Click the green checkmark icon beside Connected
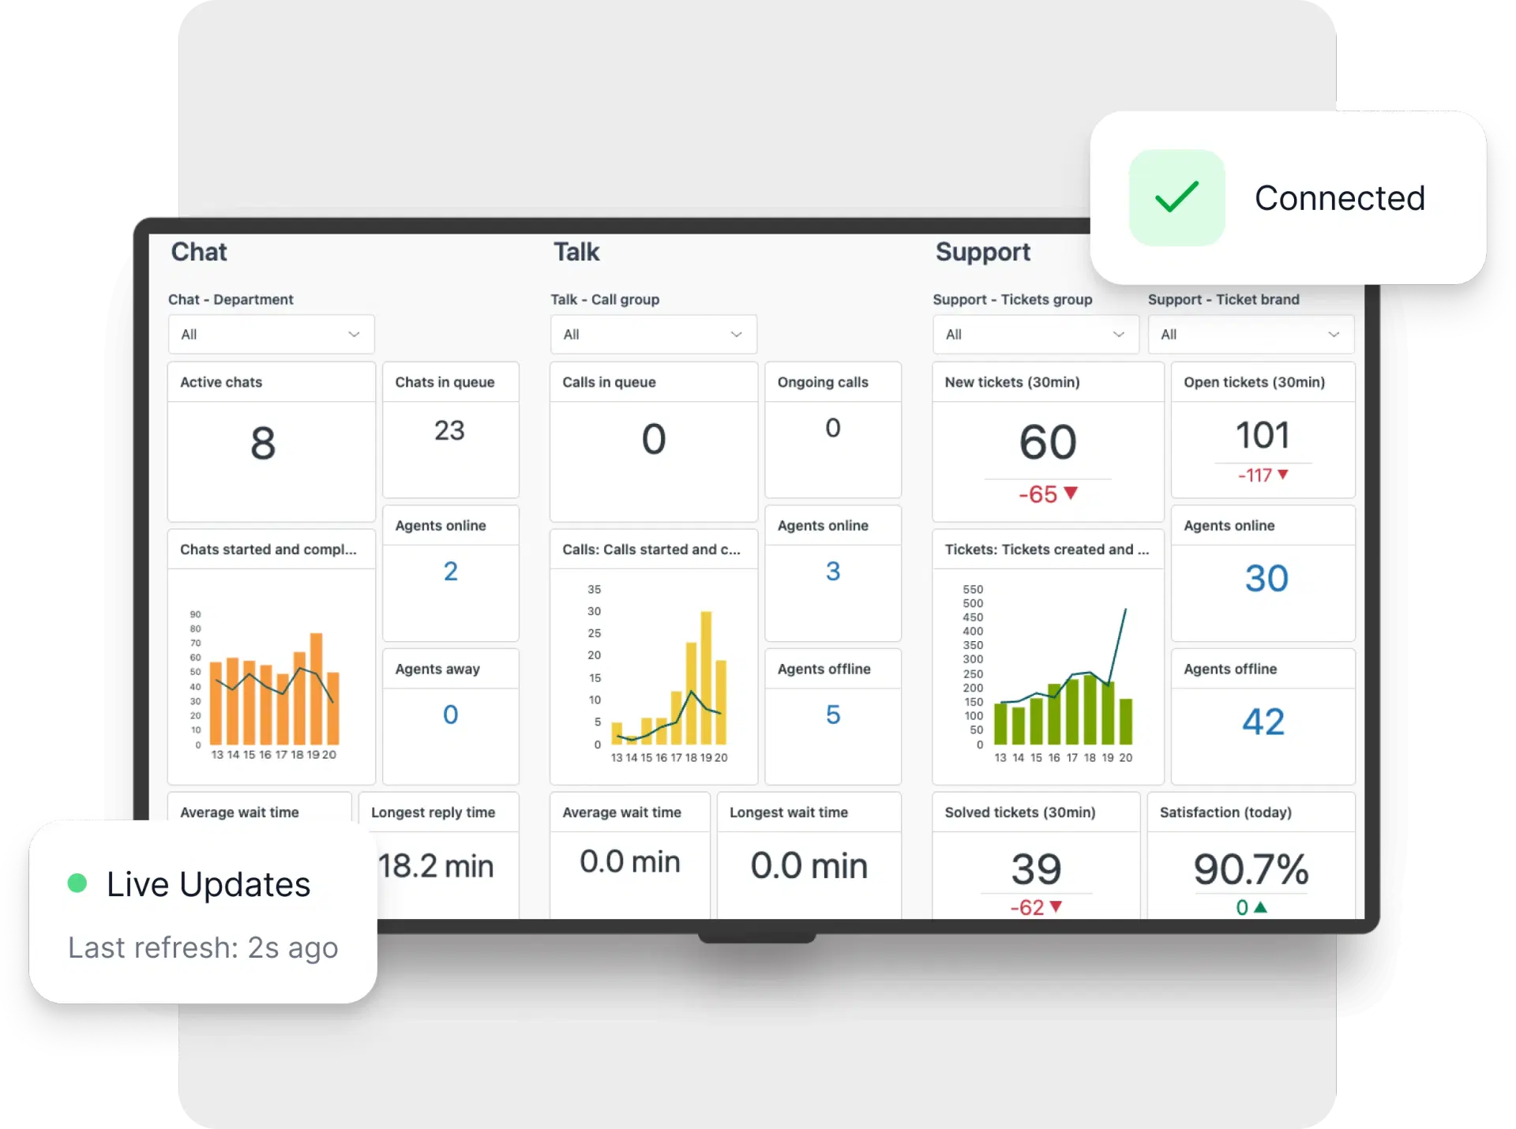[1176, 197]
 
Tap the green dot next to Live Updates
[77, 883]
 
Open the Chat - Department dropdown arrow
[354, 335]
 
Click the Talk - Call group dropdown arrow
[736, 335]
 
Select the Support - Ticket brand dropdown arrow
[1334, 335]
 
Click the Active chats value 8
[263, 443]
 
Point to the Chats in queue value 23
[449, 430]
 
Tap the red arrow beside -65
[1071, 493]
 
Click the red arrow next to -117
[1283, 474]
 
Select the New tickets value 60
[1048, 441]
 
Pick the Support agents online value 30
[1266, 579]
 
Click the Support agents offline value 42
[1263, 722]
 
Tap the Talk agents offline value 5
[833, 715]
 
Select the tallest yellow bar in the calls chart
[706, 677]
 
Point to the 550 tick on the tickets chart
[973, 590]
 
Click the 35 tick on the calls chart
[595, 590]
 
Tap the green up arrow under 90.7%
[1260, 907]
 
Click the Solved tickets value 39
[1036, 869]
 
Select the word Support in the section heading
[983, 252]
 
